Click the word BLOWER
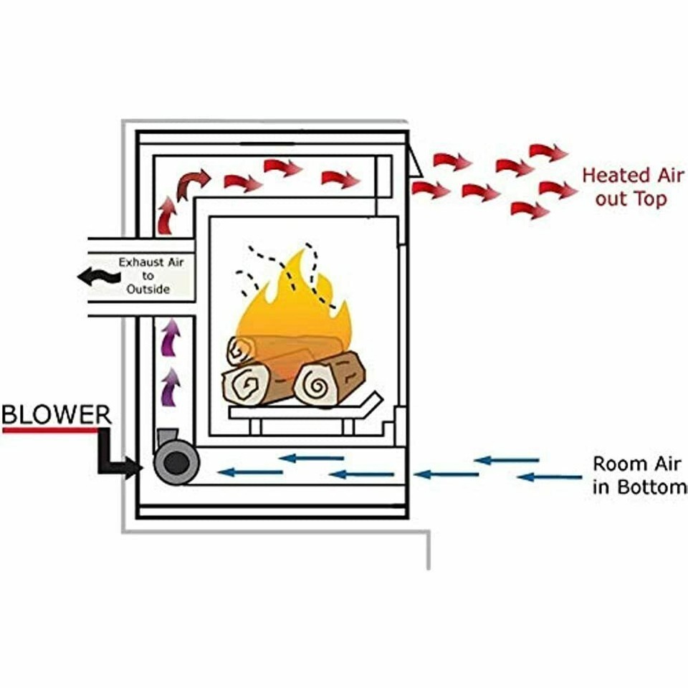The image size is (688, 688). click(x=57, y=414)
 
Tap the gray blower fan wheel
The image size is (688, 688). click(x=176, y=463)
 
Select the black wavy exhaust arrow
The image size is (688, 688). click(x=99, y=277)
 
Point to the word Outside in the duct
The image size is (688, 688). click(x=148, y=289)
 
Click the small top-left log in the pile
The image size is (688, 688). click(x=242, y=350)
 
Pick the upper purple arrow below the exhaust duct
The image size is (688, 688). click(x=171, y=337)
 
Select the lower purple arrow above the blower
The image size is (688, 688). click(x=171, y=386)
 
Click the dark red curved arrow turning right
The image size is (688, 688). click(x=193, y=184)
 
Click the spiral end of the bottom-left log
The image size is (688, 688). click(x=246, y=385)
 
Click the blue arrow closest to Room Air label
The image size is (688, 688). click(x=550, y=477)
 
